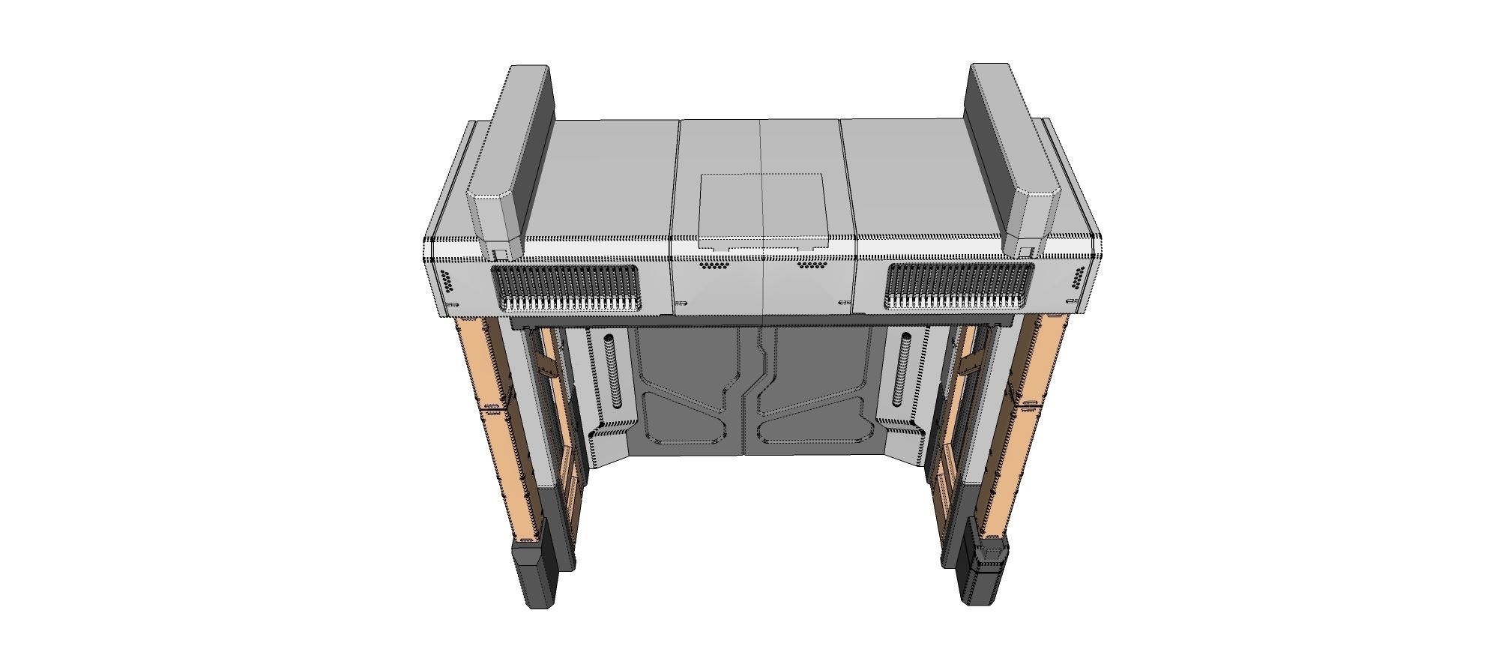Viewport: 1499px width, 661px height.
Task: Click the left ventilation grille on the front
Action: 566,287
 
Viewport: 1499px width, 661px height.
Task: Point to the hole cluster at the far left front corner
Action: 446,280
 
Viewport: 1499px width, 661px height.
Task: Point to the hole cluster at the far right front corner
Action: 1078,277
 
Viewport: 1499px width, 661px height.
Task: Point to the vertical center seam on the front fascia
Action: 761,285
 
